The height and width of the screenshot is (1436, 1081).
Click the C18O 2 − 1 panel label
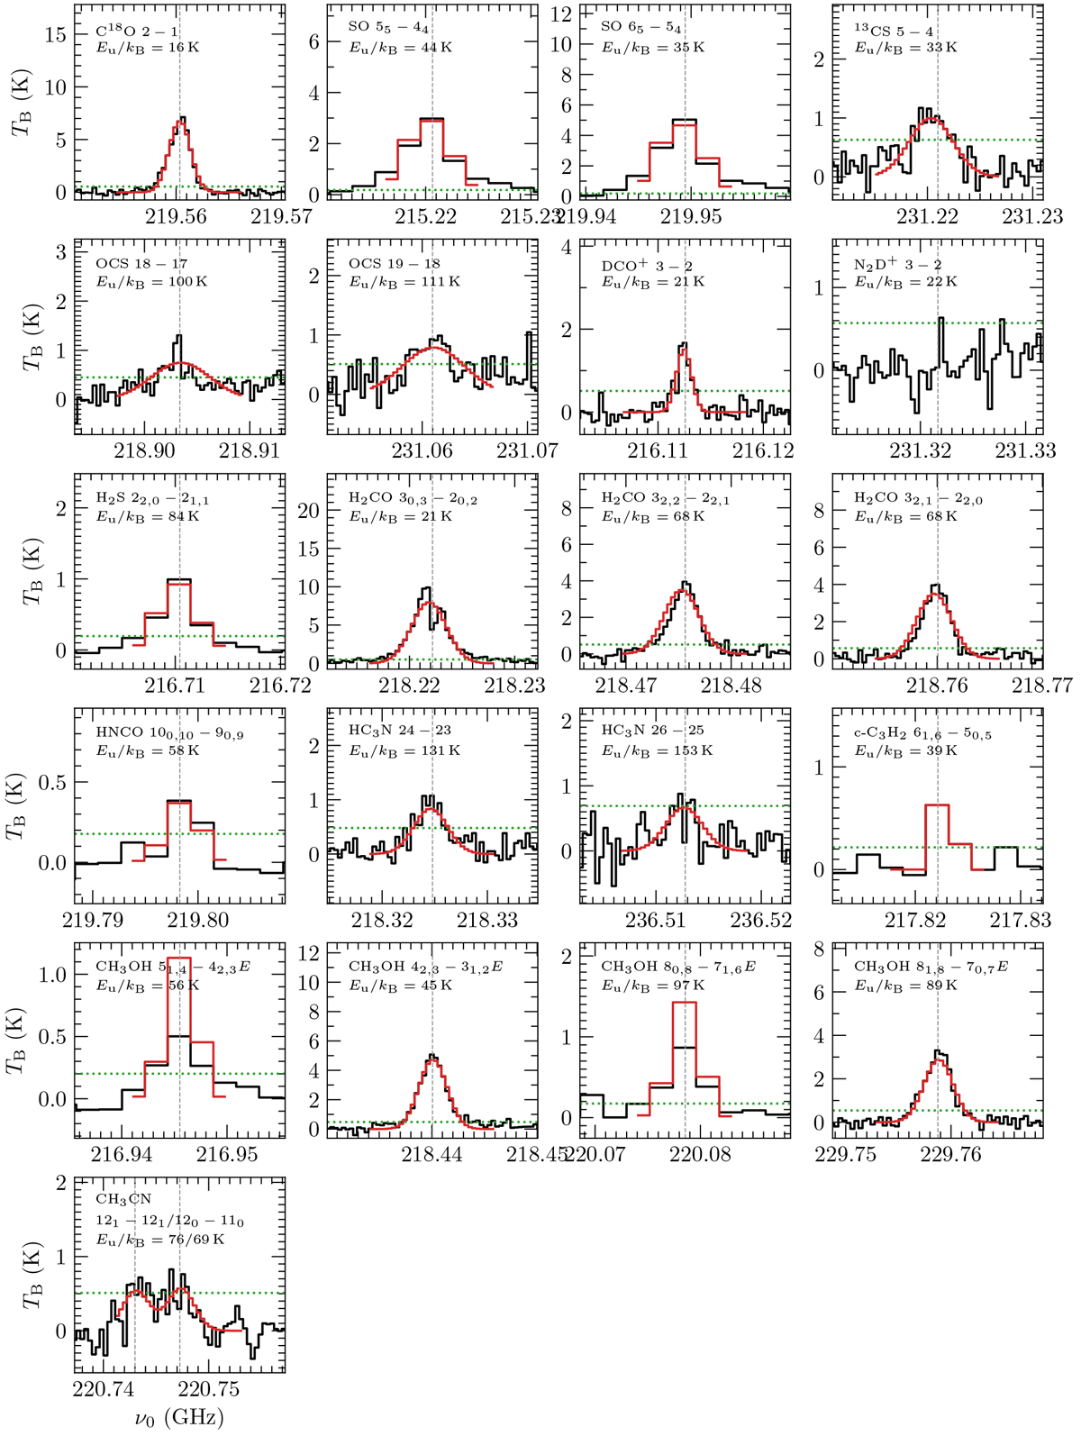[x=137, y=31]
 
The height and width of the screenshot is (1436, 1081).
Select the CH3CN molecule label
[x=123, y=1199]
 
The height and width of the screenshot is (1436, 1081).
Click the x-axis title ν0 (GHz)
[x=179, y=1417]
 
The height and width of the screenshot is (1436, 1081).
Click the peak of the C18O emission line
[x=183, y=118]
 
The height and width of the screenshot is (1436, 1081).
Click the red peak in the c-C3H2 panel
[x=937, y=805]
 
